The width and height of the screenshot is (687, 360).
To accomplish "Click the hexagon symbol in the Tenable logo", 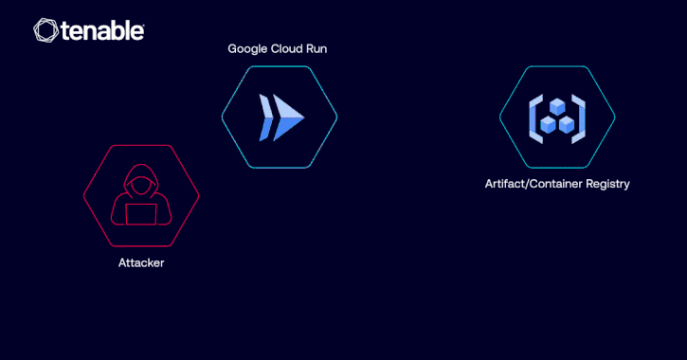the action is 45,30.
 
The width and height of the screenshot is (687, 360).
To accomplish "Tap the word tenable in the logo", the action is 102,31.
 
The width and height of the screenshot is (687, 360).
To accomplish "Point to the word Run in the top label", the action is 318,48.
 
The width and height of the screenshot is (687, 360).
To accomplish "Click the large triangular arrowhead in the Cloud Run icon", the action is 290,117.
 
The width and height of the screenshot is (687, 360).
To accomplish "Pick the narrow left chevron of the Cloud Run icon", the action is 263,117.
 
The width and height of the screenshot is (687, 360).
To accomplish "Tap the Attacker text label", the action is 141,262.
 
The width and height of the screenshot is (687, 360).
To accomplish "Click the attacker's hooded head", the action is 141,183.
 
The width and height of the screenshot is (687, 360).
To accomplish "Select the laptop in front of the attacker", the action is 141,214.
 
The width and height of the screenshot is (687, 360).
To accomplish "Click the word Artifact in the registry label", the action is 504,184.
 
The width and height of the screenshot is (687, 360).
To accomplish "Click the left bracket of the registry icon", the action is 533,117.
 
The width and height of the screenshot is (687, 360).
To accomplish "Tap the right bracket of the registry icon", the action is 581,117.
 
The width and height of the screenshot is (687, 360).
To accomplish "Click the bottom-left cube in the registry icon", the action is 549,123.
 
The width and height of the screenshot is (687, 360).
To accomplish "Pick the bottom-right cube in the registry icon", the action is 567,123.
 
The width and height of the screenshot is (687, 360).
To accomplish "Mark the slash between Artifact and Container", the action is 527,184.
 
